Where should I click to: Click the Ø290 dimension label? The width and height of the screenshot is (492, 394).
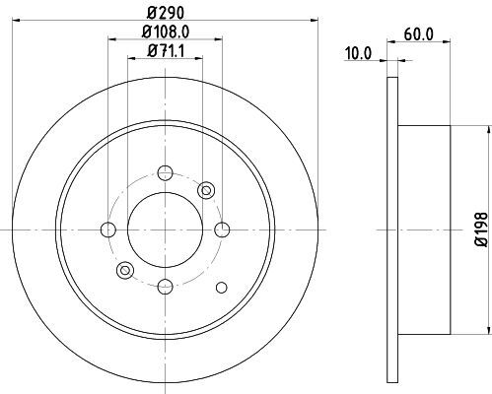tap(166, 13)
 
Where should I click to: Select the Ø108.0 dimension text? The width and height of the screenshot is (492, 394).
tap(166, 32)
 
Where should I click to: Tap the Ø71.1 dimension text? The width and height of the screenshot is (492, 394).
tap(166, 51)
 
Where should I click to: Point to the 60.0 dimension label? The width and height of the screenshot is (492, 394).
tap(418, 33)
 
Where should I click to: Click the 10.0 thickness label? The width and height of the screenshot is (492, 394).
tap(358, 53)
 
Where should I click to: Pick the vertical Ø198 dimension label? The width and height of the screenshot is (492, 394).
tap(482, 230)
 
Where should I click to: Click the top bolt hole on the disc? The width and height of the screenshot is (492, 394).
tap(165, 172)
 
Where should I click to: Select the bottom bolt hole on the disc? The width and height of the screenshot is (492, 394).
tap(165, 287)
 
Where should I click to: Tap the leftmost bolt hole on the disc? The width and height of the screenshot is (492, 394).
tap(108, 230)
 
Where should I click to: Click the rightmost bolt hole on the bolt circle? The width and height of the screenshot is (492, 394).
tap(222, 230)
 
